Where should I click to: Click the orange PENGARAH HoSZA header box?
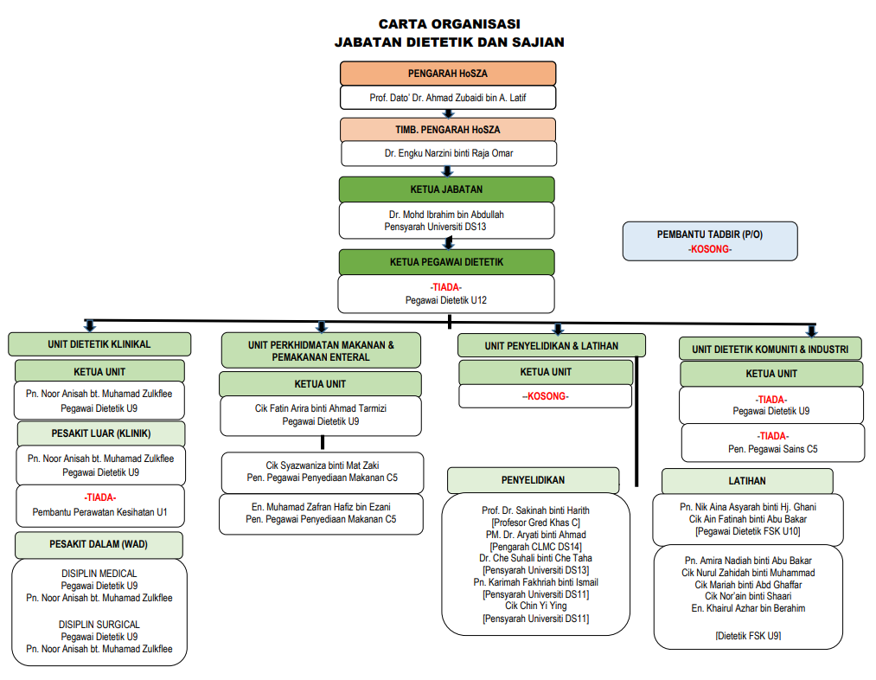click(448, 74)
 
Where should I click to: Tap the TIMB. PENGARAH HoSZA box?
click(448, 130)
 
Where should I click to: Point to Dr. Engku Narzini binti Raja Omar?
click(449, 153)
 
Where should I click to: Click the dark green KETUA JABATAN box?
click(447, 189)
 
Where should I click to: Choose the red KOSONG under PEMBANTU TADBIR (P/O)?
click(710, 249)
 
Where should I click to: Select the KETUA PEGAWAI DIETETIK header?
click(447, 262)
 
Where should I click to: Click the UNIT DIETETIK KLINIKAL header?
click(99, 344)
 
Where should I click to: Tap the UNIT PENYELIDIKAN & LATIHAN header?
click(552, 346)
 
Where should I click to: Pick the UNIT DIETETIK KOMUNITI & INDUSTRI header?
click(770, 350)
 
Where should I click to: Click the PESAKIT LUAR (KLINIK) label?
click(101, 433)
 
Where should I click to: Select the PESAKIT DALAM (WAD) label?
click(99, 544)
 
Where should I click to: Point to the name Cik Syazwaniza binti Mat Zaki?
click(323, 465)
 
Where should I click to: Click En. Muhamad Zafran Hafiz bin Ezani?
click(321, 507)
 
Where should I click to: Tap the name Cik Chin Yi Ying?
click(536, 606)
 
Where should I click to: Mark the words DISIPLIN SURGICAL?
click(99, 624)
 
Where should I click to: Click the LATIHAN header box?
click(747, 481)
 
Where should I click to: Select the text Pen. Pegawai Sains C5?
click(772, 449)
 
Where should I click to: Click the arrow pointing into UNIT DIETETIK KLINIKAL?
click(89, 326)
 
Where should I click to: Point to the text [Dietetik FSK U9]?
click(748, 636)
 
